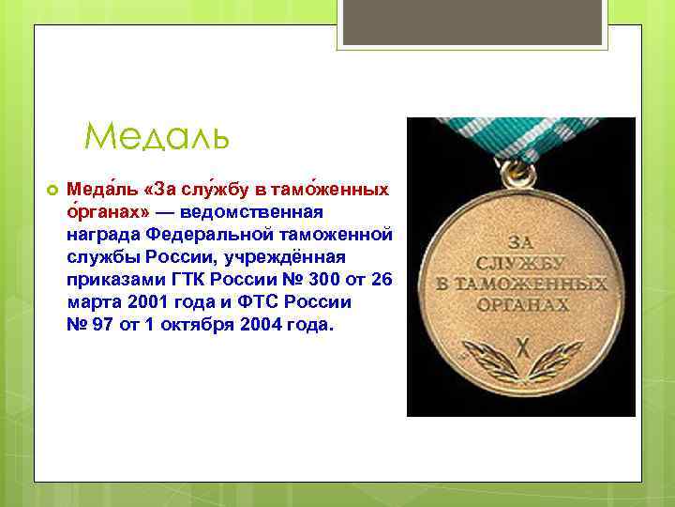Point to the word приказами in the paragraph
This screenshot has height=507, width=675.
click(x=108, y=281)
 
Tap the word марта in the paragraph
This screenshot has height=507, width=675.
click(x=92, y=303)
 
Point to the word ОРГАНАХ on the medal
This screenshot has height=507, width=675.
click(x=522, y=304)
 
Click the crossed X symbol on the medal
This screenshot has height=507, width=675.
click(x=522, y=341)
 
